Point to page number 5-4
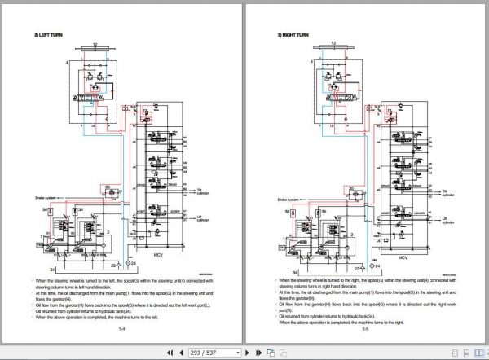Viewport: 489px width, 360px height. pyautogui.click(x=121, y=329)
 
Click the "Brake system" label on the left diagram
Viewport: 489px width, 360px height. pyautogui.click(x=46, y=198)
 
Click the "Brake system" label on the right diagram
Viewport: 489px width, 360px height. pyautogui.click(x=289, y=198)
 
